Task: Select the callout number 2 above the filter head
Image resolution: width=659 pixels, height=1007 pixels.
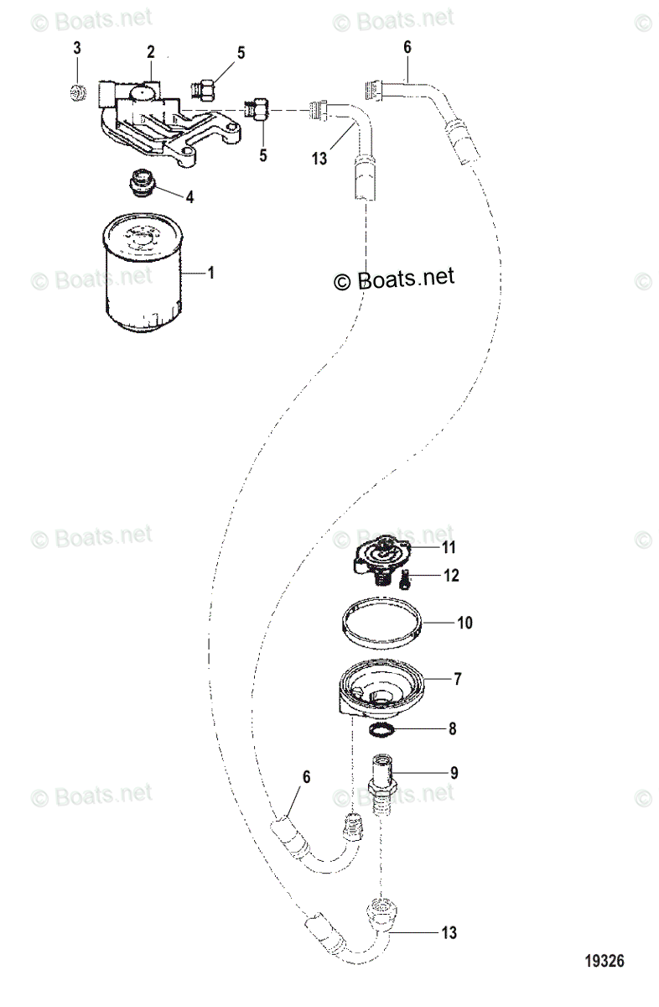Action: tap(151, 52)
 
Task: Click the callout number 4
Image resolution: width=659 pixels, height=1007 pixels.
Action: tap(190, 197)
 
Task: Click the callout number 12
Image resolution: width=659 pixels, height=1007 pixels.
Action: tap(451, 577)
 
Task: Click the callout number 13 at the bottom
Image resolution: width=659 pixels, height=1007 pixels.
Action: tap(451, 931)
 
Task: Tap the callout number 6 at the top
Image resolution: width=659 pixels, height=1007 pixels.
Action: tap(407, 48)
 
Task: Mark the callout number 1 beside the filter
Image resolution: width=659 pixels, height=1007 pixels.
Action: tap(211, 274)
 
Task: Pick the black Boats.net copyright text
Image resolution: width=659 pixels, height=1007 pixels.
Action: tap(394, 279)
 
